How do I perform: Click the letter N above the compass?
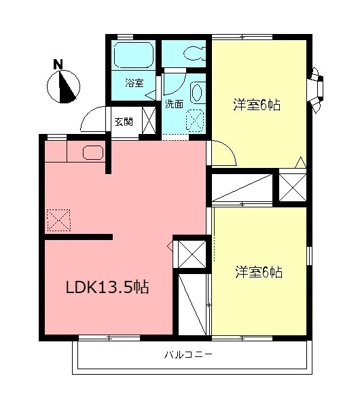(59, 65)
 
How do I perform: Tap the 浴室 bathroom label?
(134, 83)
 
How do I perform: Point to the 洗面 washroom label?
(174, 104)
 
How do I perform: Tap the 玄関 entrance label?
(124, 122)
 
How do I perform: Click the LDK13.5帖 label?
(107, 287)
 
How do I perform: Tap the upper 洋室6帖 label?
(257, 105)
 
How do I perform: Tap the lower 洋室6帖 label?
(259, 273)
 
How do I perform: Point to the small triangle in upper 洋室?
(300, 163)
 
